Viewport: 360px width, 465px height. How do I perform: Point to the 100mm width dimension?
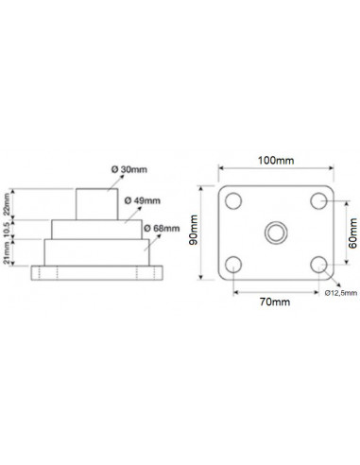coord(275,162)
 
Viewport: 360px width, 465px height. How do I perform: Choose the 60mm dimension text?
coord(352,230)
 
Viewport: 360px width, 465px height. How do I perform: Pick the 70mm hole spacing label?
coord(274,301)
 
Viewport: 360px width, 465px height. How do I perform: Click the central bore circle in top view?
coord(275,232)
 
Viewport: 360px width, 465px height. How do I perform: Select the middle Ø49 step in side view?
coord(97,229)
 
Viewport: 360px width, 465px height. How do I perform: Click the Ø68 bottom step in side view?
coord(97,252)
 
